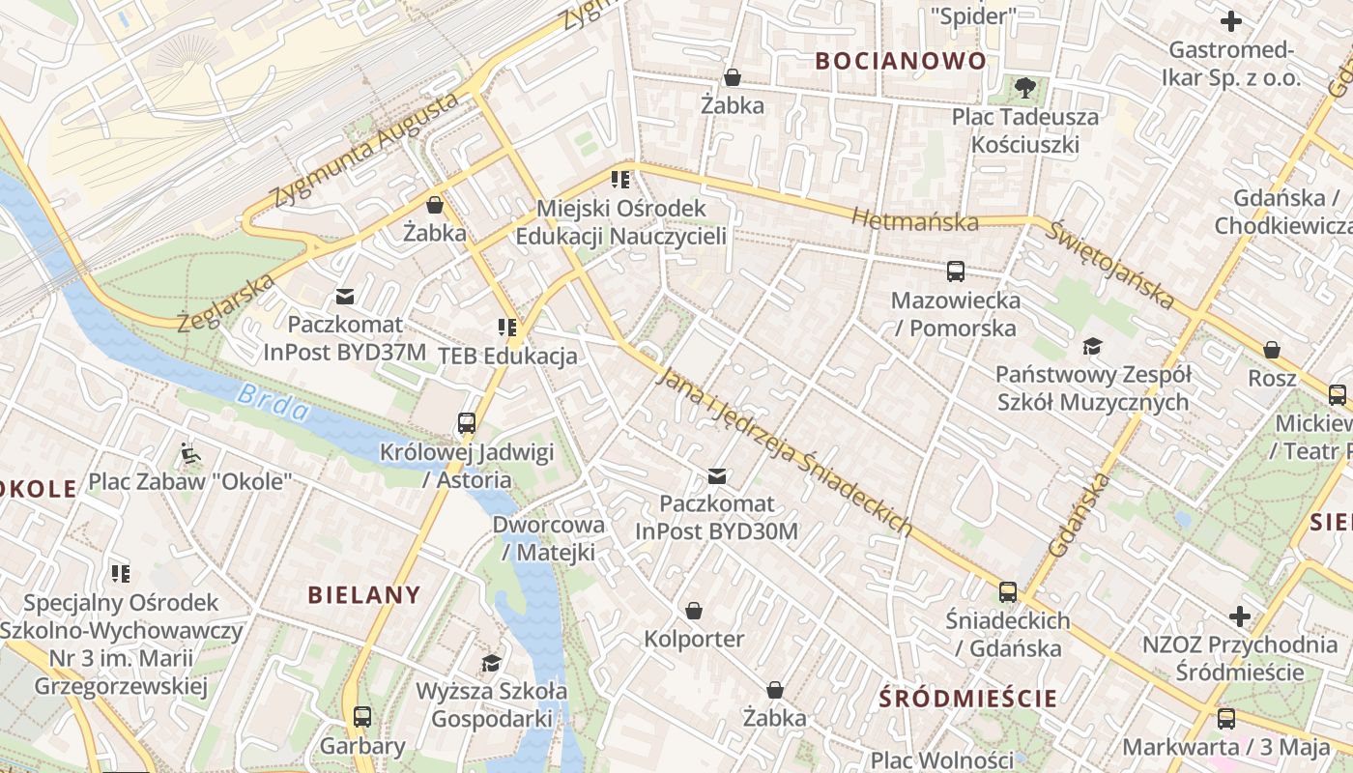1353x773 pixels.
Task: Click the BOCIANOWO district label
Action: click(901, 61)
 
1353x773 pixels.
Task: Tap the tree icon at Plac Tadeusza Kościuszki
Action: click(1024, 88)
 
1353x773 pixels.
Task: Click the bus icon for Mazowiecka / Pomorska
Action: click(956, 272)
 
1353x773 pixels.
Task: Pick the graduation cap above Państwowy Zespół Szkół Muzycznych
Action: click(1092, 346)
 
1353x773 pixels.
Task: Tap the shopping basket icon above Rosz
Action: click(1272, 350)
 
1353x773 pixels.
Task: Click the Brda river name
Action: click(273, 403)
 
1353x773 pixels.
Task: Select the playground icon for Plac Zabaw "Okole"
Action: click(189, 452)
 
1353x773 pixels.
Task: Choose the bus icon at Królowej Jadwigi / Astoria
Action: click(467, 423)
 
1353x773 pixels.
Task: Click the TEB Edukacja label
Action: click(507, 356)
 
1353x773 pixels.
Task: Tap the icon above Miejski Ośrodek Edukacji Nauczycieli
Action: click(620, 179)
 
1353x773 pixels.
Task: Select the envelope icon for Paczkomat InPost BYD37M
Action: click(345, 297)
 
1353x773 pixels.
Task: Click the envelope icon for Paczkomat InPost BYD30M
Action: click(717, 475)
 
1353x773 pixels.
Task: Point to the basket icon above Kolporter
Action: click(693, 611)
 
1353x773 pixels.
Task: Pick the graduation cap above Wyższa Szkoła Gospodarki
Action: click(492, 663)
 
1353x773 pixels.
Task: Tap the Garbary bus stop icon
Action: click(362, 717)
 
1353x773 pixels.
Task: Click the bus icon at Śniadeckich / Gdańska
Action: click(1008, 591)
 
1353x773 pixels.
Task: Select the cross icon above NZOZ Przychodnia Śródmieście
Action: click(1239, 616)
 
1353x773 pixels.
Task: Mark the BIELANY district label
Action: click(364, 595)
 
